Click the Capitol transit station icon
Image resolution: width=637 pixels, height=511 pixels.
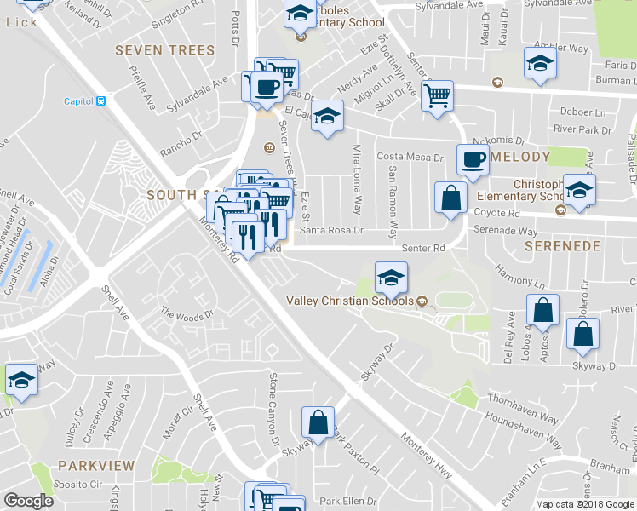[101, 101]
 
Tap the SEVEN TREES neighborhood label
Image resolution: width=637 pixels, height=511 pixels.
[164, 50]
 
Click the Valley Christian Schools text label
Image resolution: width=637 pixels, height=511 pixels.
[349, 301]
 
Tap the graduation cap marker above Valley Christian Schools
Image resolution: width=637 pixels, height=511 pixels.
[391, 277]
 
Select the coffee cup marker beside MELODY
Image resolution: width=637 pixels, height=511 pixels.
[473, 160]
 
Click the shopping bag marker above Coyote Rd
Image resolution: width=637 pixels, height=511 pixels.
[451, 198]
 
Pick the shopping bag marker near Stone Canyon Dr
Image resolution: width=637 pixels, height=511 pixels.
[318, 424]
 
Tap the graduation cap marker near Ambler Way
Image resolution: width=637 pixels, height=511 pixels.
[539, 65]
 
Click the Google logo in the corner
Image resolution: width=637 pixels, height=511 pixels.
[28, 501]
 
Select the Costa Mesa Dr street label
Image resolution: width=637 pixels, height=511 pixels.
[411, 158]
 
